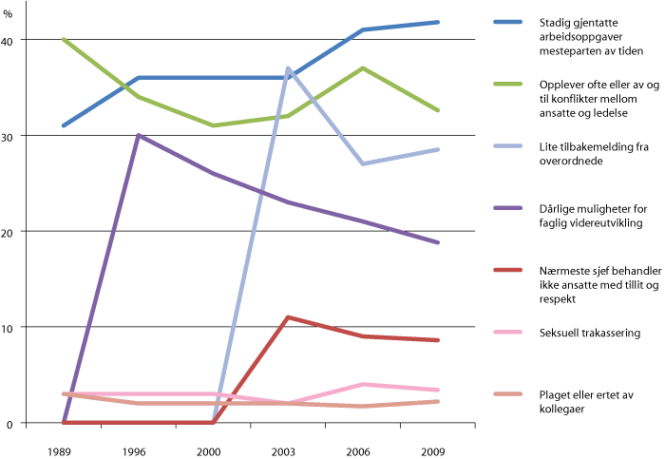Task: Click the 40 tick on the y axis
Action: click(x=9, y=40)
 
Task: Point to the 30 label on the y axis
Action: click(x=9, y=136)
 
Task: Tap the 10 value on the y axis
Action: click(x=9, y=327)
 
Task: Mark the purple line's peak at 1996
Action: click(x=139, y=135)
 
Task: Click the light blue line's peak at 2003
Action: click(x=288, y=68)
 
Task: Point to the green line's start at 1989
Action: click(x=64, y=40)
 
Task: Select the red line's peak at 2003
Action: click(x=288, y=317)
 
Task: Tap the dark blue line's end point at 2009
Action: click(x=438, y=22)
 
